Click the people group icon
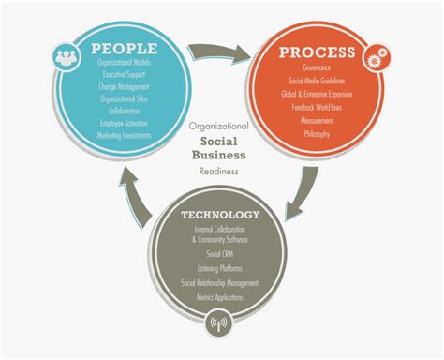67,54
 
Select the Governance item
316,68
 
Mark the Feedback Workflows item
316,108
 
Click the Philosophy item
316,134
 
